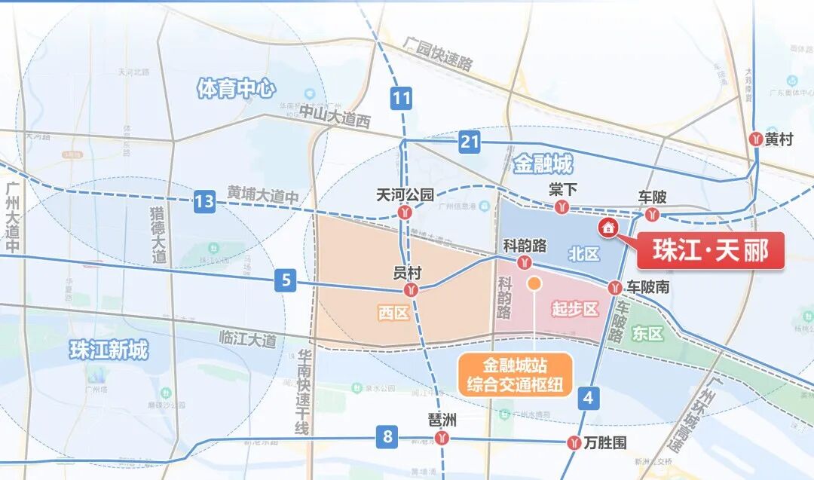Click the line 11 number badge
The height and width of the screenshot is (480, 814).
(x=402, y=98)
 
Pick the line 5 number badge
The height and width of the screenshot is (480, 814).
(x=286, y=281)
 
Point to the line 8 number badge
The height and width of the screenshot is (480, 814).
(x=387, y=436)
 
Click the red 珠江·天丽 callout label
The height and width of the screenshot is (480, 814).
(x=711, y=250)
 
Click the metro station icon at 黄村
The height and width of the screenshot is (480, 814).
(x=757, y=139)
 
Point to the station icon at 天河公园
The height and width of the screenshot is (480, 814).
(x=406, y=213)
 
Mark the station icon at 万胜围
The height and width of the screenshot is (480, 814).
(x=575, y=443)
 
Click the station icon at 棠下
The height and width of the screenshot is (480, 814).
(x=561, y=207)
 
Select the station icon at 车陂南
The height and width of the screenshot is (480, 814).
(x=615, y=288)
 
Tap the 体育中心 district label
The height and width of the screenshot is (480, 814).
(x=234, y=89)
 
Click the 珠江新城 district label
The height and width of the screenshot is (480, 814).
(x=109, y=350)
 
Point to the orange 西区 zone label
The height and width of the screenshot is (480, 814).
(x=393, y=312)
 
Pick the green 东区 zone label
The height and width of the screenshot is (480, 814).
(x=647, y=332)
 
